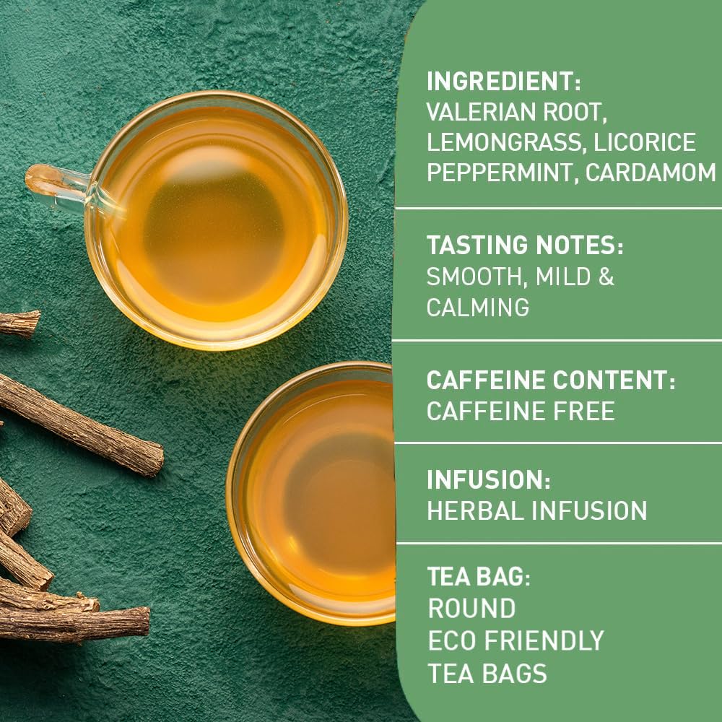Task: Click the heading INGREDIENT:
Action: click(x=504, y=82)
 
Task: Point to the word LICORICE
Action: click(x=645, y=142)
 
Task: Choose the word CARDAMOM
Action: click(x=651, y=173)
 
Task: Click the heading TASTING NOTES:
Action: click(x=525, y=245)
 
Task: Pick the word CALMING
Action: click(x=478, y=307)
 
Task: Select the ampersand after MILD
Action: click(x=606, y=277)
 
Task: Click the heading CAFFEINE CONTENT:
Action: click(x=551, y=380)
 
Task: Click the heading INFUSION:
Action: click(x=489, y=480)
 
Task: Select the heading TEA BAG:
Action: click(x=479, y=576)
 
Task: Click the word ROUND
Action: click(x=472, y=608)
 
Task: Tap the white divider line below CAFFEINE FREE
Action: click(x=559, y=443)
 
